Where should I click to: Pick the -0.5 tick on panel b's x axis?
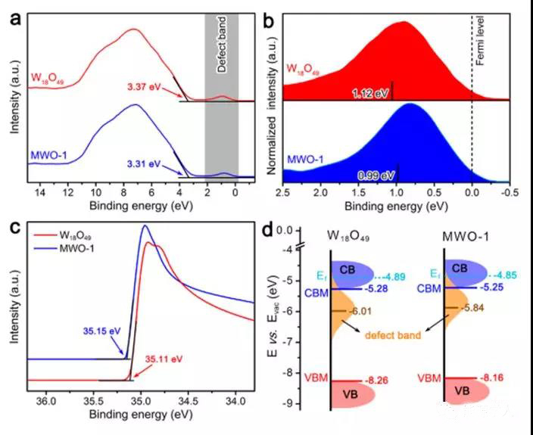511,194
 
